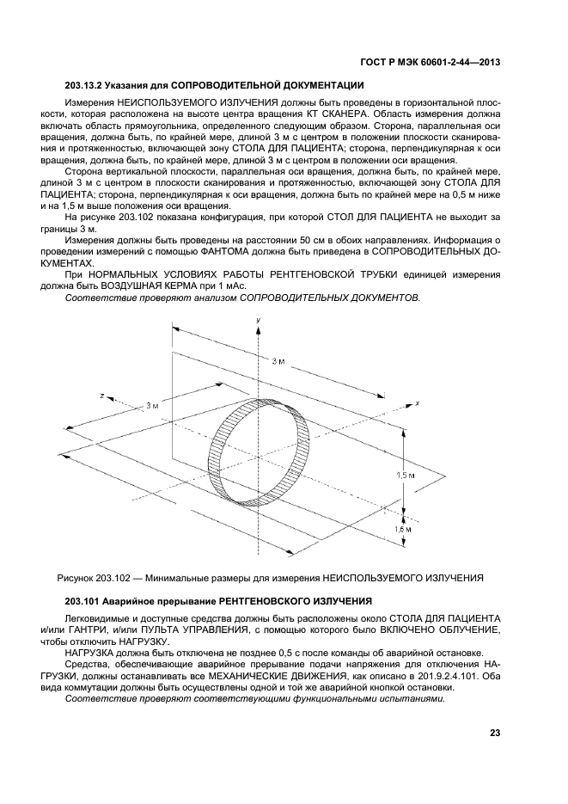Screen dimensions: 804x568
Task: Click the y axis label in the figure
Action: click(258, 320)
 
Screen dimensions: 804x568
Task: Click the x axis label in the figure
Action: click(416, 402)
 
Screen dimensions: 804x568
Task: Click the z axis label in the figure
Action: click(101, 396)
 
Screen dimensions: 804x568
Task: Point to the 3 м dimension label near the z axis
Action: click(152, 404)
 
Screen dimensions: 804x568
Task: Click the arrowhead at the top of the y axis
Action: click(258, 328)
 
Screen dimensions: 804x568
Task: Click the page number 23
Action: click(494, 733)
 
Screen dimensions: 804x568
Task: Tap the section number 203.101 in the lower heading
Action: click(83, 599)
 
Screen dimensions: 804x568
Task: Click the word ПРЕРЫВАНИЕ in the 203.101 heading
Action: click(167, 599)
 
